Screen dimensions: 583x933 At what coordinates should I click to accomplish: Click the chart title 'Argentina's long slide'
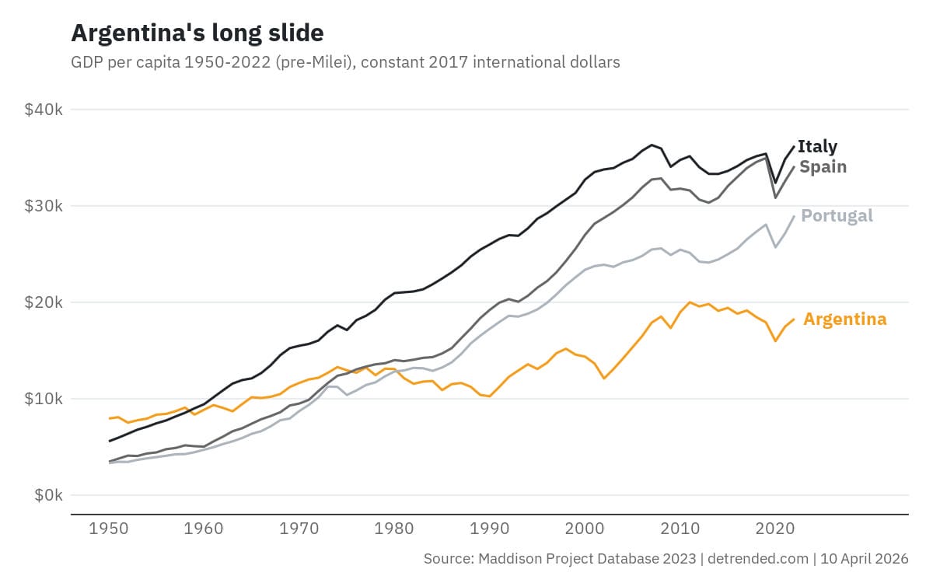197,33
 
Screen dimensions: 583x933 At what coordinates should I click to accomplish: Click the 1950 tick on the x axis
110,529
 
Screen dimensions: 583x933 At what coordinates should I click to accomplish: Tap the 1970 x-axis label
299,529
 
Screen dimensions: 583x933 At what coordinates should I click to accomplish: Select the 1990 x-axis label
489,529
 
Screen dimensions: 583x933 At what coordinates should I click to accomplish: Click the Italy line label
817,146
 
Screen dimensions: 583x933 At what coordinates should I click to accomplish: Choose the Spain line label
823,166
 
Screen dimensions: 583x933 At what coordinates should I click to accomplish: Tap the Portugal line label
837,215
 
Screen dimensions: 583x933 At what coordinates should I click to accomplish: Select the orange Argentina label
844,319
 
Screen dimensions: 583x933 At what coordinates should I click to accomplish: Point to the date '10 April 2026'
865,559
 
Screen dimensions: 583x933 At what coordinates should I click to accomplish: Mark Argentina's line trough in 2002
604,379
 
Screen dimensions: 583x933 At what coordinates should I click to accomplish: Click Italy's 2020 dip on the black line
775,183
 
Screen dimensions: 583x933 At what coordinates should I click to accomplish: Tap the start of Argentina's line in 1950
110,418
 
